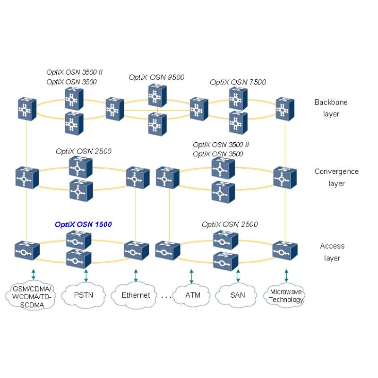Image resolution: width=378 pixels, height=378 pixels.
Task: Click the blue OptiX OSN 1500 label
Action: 84,224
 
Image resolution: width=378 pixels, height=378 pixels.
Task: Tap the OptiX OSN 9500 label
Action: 156,77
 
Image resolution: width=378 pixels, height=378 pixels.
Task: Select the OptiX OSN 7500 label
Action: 238,82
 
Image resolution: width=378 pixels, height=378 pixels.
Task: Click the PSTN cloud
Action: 84,295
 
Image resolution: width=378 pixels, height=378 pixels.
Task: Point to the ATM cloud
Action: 192,295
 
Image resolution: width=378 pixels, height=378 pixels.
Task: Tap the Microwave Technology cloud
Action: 284,296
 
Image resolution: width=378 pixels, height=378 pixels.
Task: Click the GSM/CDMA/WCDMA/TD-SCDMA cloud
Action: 31,296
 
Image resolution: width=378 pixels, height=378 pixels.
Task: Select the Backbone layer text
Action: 331,108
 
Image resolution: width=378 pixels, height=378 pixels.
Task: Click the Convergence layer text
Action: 336,178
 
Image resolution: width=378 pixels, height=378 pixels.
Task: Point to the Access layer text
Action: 332,252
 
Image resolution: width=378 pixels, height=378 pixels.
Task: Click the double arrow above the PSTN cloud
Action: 86,276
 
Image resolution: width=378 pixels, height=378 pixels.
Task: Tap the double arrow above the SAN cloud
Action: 238,276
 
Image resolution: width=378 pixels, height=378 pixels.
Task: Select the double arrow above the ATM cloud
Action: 191,276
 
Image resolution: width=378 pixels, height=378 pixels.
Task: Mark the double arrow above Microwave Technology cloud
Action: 286,276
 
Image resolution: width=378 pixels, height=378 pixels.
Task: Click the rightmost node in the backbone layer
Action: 285,109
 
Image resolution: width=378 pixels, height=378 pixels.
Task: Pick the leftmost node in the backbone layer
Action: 27,109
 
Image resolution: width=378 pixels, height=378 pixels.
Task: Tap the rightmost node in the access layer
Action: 285,251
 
